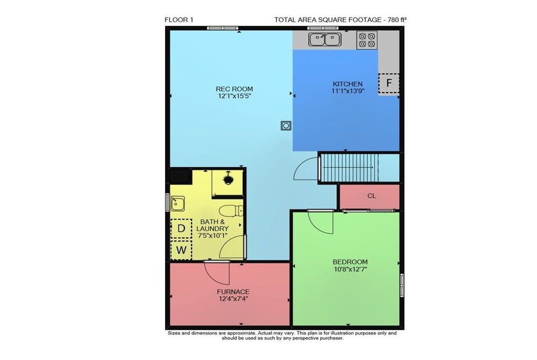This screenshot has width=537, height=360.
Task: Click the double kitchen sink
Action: (x=325, y=39)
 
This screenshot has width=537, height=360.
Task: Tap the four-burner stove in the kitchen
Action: (x=367, y=40)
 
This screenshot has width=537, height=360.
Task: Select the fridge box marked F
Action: (x=388, y=83)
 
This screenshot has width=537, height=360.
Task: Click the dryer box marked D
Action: (x=181, y=229)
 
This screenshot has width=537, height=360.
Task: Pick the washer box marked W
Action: (x=181, y=250)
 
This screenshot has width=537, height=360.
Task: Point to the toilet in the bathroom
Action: (x=231, y=211)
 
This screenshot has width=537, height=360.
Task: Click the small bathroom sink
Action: (x=178, y=203)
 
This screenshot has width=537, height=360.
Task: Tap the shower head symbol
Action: (x=227, y=178)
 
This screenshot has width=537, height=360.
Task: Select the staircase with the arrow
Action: (x=349, y=168)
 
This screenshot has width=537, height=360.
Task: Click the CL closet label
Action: (x=371, y=196)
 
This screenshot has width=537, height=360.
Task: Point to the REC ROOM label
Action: (x=234, y=89)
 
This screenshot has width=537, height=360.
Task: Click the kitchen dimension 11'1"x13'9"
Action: (x=348, y=91)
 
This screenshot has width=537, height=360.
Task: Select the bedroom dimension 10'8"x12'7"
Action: (x=350, y=269)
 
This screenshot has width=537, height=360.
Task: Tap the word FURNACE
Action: (x=233, y=292)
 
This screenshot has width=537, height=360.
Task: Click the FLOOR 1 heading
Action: (x=179, y=20)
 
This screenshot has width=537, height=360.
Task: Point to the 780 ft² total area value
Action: (x=395, y=20)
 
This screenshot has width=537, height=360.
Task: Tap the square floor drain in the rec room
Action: (x=286, y=126)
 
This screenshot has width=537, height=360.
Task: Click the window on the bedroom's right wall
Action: (x=402, y=285)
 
